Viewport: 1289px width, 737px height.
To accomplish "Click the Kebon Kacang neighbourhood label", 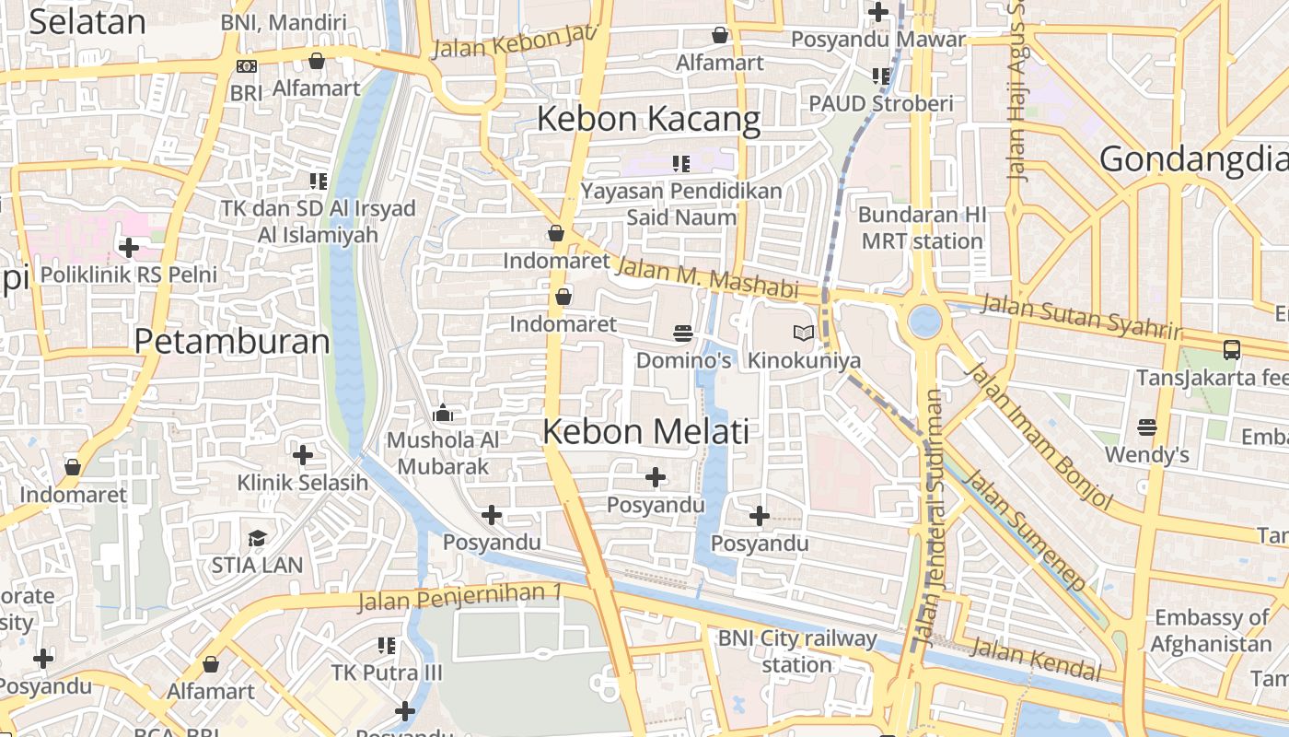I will coord(648,120).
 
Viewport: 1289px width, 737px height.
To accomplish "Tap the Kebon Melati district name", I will coord(645,431).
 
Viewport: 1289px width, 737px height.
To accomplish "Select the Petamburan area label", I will coord(232,342).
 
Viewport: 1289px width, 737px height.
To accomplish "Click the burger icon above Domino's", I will coord(683,333).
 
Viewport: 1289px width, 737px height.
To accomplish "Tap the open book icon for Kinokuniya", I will coord(804,333).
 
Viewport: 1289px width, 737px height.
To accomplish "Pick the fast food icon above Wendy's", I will coord(1146,427).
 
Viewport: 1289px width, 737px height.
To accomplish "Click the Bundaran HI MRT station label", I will coord(922,228).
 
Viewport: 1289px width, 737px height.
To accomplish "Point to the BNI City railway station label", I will coord(797,651).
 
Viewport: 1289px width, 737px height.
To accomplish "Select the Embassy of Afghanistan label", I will coord(1211,630).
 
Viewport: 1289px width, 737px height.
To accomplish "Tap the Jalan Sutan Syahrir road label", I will coord(1080,316).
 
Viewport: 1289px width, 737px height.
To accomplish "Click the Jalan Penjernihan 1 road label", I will coord(459,596).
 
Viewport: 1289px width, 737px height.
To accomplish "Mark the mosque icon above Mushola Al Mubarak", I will coord(443,413).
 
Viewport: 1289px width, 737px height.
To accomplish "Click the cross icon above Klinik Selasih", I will coord(302,455).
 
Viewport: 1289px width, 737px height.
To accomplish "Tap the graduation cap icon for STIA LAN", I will coord(257,538).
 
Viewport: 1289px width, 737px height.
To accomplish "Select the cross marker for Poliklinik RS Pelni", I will coord(129,248).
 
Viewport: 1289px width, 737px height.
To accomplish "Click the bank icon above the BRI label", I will coord(246,66).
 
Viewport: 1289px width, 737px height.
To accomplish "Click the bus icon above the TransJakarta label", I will coord(1231,350).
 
